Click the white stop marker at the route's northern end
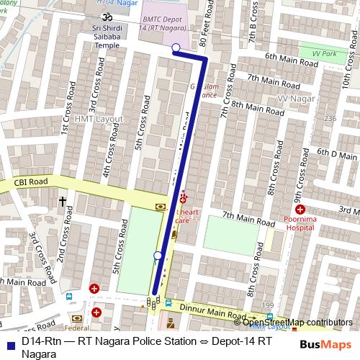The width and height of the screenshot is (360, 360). click(176, 48)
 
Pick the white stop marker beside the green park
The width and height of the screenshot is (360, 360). click(158, 255)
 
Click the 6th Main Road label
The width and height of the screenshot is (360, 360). click(291, 60)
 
